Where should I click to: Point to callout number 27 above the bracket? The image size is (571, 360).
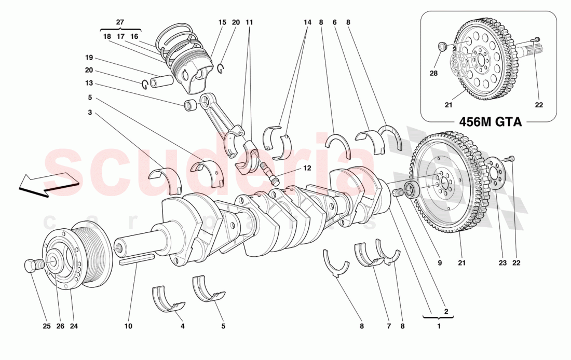[120, 22]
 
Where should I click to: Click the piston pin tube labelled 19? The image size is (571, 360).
[160, 82]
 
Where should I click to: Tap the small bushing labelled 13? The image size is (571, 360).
[191, 105]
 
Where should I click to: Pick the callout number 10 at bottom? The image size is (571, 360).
[128, 326]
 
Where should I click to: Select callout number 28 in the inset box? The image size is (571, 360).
[433, 73]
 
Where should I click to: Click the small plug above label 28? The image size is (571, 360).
[442, 48]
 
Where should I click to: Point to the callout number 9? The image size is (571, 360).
[439, 263]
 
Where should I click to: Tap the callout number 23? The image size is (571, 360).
[502, 263]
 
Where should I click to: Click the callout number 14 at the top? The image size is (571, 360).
[308, 22]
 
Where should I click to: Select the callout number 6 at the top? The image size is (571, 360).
[334, 22]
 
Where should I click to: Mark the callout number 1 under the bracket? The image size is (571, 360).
[439, 326]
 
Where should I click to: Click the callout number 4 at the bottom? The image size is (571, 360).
[183, 326]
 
